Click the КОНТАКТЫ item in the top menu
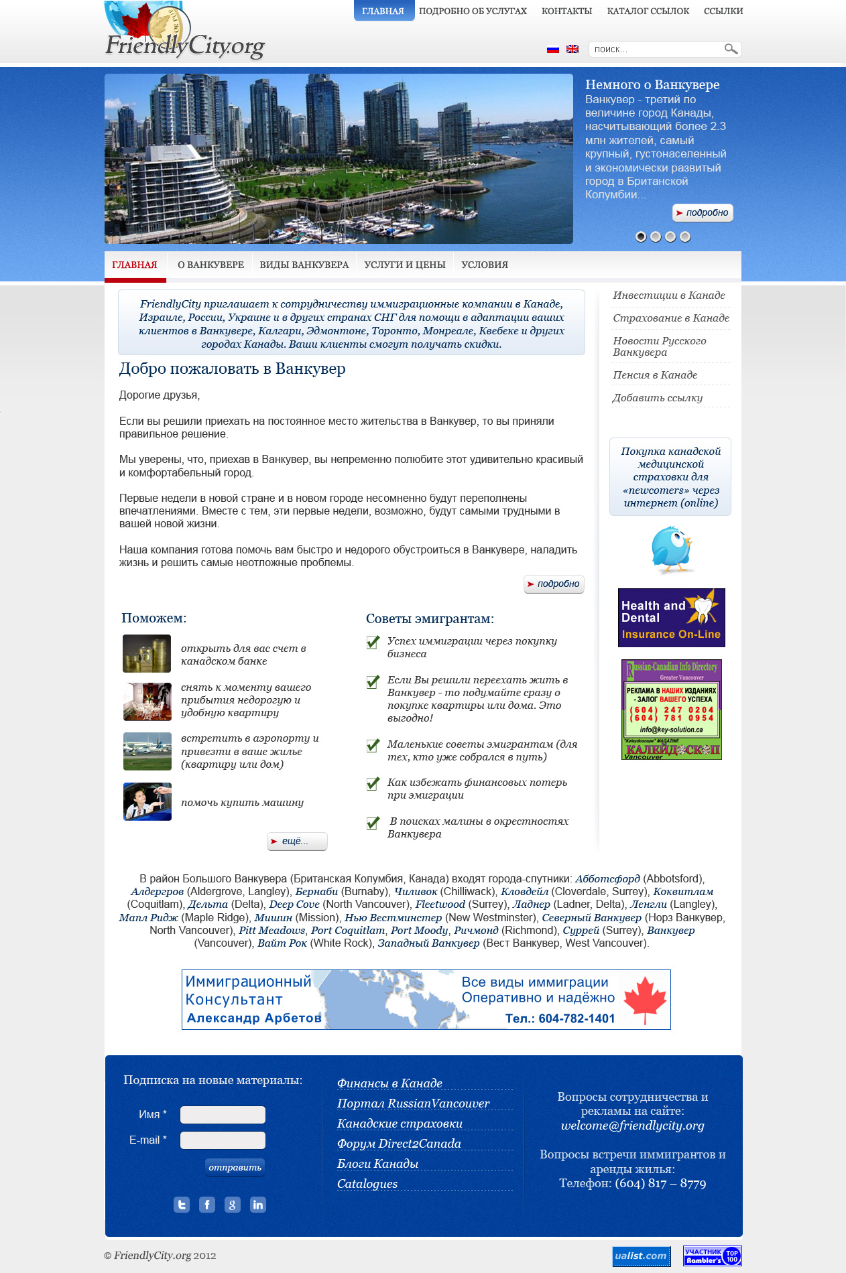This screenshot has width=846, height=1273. [566, 11]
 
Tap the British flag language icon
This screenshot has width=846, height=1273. [572, 49]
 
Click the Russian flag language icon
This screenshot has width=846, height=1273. [553, 49]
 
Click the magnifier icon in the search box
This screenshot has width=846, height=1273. [731, 49]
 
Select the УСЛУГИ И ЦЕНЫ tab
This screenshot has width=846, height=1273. [405, 265]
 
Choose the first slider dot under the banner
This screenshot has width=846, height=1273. [641, 237]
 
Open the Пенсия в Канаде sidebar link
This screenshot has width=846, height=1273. [655, 375]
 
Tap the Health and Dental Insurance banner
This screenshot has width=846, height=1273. [671, 618]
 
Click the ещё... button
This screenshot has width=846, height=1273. [297, 842]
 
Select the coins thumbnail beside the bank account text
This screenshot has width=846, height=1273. [147, 654]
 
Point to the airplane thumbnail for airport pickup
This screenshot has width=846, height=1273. [147, 751]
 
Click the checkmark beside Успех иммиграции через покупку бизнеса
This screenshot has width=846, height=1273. [373, 643]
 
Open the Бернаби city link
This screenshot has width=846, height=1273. [316, 892]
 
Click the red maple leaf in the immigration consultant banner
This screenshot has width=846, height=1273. [645, 999]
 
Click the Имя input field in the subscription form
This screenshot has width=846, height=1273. [223, 1115]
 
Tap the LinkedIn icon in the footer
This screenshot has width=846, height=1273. [257, 1205]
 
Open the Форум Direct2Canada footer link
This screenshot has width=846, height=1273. [399, 1144]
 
